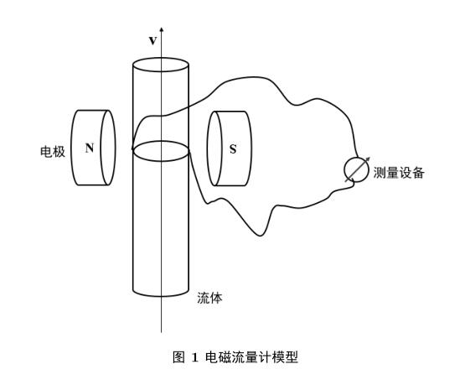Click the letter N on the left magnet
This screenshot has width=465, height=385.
coord(90,148)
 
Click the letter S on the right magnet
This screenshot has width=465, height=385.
coord(233,149)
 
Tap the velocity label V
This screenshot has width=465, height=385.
coord(152,40)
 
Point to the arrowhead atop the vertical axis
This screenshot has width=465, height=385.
coord(162,29)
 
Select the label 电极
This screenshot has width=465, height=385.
coord(53,152)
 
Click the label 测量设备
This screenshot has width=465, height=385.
coord(399,173)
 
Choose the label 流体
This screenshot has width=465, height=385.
coord(209,298)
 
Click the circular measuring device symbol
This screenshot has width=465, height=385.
coord(356,169)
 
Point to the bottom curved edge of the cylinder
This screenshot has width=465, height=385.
coord(161,296)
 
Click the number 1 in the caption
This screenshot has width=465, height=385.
coord(195,357)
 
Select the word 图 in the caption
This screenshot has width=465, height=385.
coord(178,357)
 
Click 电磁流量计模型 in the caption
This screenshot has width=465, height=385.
coord(251,357)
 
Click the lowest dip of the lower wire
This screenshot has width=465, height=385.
coord(260,236)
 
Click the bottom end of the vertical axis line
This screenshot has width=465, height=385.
coord(162,332)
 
